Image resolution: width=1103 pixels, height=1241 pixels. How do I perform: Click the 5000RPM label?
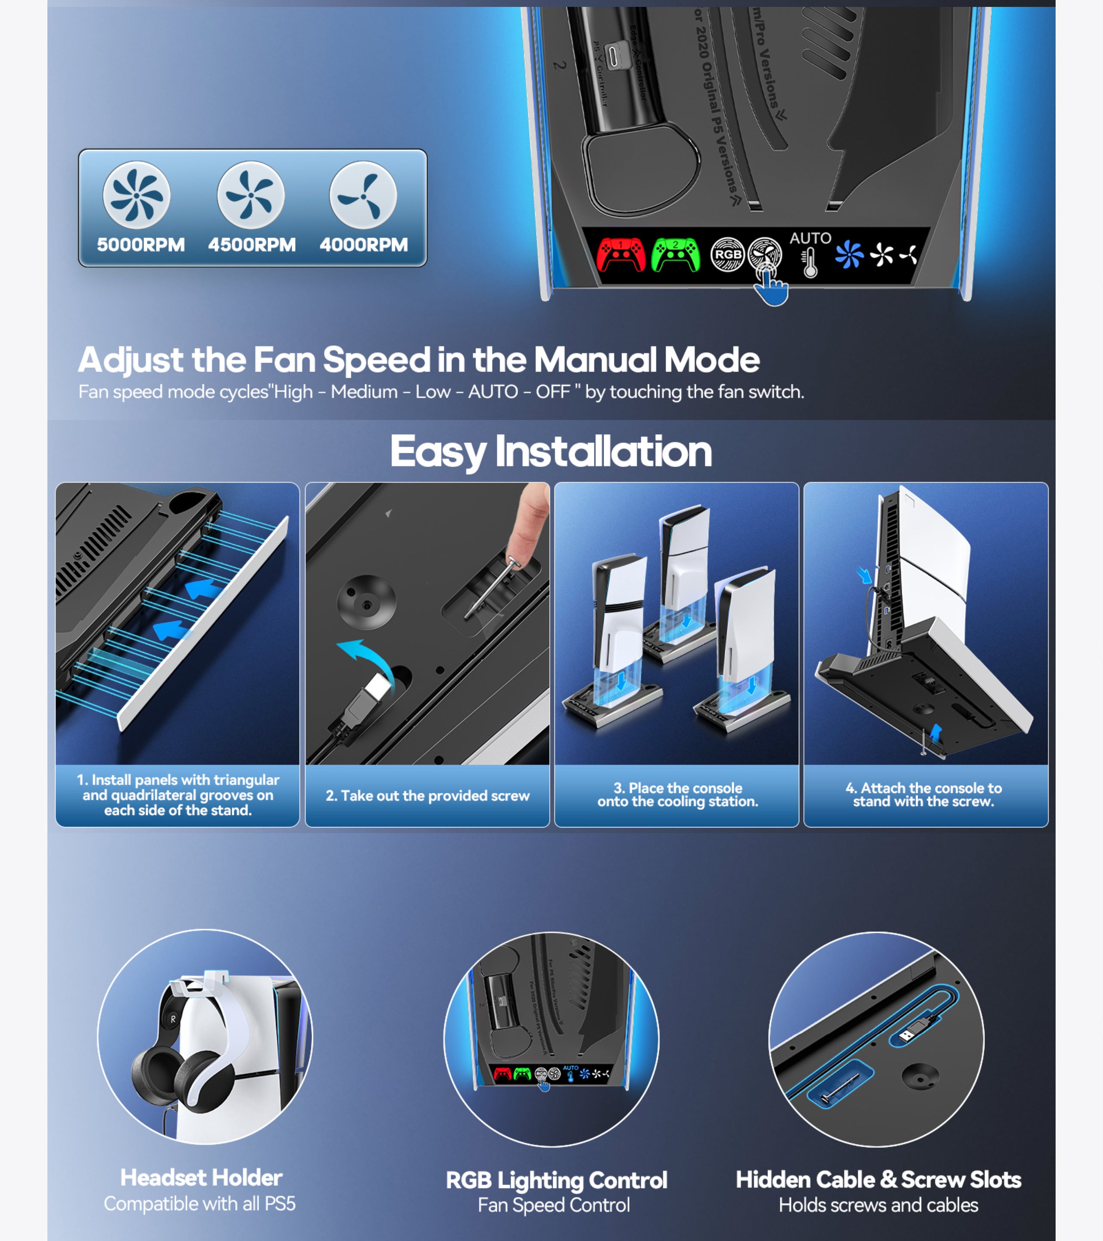coord(141,244)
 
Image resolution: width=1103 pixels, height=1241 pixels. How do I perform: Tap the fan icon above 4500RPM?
coord(251,195)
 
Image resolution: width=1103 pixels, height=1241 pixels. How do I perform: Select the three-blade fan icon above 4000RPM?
coord(363,195)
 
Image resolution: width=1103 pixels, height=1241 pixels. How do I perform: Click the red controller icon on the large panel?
coord(620,254)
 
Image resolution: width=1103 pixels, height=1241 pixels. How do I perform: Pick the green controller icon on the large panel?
coord(675,255)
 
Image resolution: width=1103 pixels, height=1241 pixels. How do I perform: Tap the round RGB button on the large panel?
coord(727,254)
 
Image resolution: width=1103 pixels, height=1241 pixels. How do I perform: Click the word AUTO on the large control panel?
coord(810,238)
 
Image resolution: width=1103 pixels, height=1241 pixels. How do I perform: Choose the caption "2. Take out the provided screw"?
coord(427,796)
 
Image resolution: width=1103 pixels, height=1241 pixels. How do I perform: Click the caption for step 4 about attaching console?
coord(923,795)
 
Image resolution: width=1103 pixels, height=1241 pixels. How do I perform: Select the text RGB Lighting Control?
coord(556,1180)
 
